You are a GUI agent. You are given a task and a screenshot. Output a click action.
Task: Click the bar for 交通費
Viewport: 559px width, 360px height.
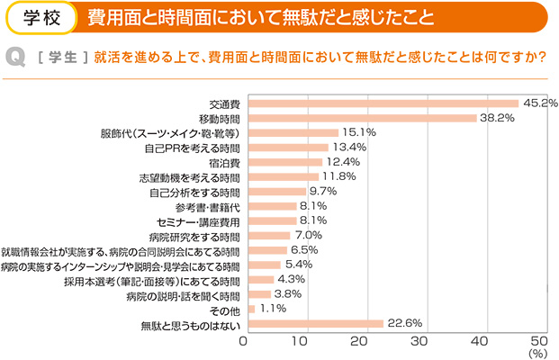click(x=381, y=103)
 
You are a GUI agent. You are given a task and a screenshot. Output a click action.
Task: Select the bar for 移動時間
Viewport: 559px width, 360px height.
click(x=360, y=118)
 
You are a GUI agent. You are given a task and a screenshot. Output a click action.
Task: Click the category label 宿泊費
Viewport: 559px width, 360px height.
click(x=224, y=162)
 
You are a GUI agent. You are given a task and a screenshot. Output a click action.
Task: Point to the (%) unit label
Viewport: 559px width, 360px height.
click(x=539, y=355)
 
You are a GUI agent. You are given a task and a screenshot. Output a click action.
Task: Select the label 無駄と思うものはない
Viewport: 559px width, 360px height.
click(x=191, y=324)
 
